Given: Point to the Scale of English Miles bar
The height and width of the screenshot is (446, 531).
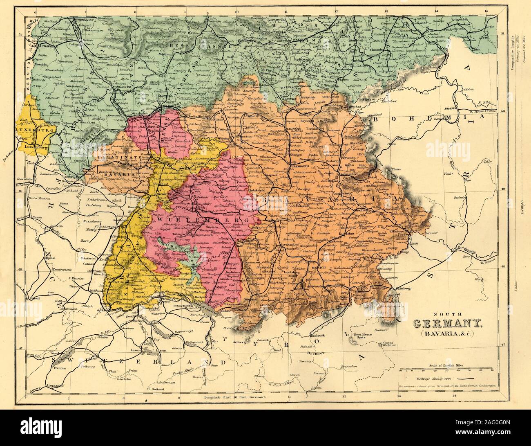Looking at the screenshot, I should [x=448, y=369].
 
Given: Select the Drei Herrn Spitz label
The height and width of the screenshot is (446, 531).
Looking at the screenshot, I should [x=361, y=336].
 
